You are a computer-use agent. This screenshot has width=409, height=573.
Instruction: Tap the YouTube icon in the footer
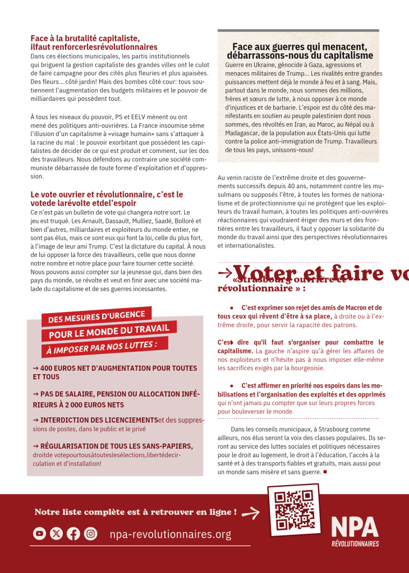(x=39, y=534)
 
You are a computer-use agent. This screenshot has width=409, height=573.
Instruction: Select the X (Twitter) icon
(x=56, y=534)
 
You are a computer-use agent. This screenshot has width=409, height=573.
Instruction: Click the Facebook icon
(x=73, y=534)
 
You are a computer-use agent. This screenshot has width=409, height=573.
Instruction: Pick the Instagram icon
(x=90, y=534)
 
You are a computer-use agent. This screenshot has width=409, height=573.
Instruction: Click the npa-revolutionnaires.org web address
(x=171, y=534)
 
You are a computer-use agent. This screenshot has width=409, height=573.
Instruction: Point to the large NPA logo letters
(x=354, y=527)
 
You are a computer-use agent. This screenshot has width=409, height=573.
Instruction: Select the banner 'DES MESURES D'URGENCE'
(x=96, y=317)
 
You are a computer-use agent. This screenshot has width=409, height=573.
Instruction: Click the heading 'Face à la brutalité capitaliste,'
(x=85, y=39)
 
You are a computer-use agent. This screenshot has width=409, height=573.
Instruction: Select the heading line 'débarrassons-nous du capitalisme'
(x=300, y=55)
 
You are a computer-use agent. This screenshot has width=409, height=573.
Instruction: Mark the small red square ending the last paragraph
(x=325, y=472)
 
